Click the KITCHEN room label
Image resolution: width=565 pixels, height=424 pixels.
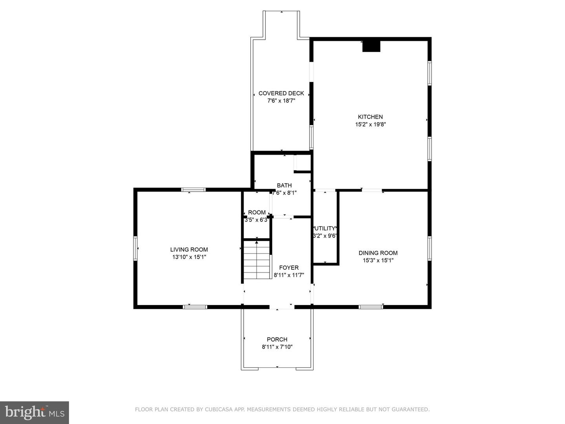(x=370, y=117)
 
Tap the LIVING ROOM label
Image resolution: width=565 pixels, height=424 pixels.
(x=189, y=249)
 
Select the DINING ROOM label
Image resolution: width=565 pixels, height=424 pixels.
(x=378, y=253)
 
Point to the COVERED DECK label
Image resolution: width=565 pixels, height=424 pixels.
(x=281, y=93)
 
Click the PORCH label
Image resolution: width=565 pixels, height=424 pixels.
(x=277, y=339)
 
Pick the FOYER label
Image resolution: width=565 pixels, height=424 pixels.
(x=289, y=267)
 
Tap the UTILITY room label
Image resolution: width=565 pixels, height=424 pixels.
(x=325, y=228)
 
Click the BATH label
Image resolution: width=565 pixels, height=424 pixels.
(x=284, y=185)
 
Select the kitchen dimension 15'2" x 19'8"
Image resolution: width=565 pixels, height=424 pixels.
(x=370, y=124)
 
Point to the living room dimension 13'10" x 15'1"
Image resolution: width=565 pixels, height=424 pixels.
(x=189, y=257)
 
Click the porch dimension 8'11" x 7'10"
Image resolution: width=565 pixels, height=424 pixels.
(x=277, y=347)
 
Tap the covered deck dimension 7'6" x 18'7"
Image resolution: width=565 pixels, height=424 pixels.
(x=281, y=101)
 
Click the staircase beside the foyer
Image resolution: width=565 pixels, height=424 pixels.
(x=257, y=260)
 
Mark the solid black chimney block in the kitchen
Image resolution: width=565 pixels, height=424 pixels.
(x=371, y=46)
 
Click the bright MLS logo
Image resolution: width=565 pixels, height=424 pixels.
(x=35, y=412)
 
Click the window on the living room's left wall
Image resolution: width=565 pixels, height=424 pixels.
(x=135, y=249)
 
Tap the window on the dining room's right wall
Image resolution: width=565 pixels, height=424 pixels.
(x=429, y=248)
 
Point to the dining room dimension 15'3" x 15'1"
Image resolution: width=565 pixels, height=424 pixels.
(x=378, y=260)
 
